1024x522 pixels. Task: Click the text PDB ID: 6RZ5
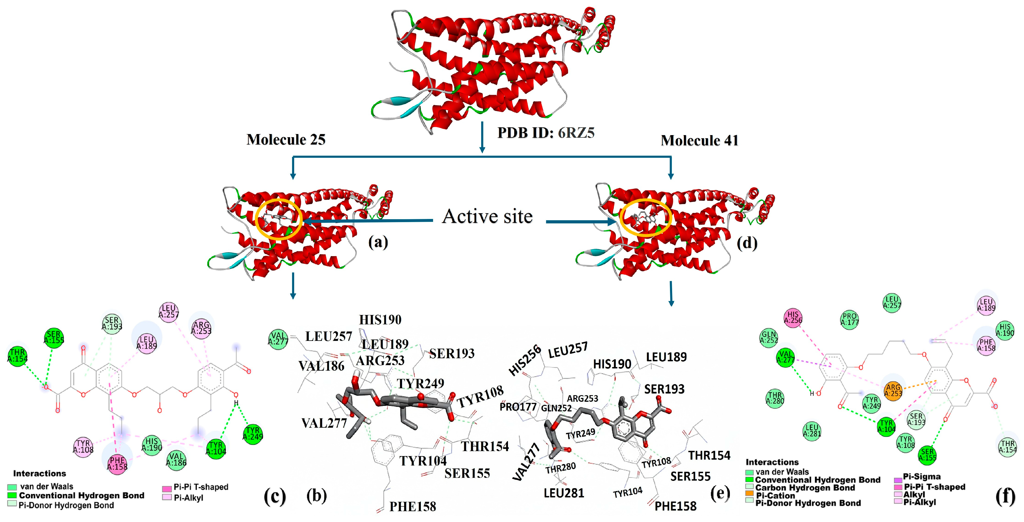tap(546, 133)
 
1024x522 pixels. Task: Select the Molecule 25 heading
tap(286, 140)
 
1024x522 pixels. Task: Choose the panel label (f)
tap(1005, 496)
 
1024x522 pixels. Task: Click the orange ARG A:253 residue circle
tap(893, 390)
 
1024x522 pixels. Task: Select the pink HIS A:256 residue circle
tap(793, 317)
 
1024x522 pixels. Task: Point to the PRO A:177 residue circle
tap(849, 319)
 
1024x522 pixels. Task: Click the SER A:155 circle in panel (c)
tap(54, 337)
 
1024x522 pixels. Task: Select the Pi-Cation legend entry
tap(775, 496)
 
